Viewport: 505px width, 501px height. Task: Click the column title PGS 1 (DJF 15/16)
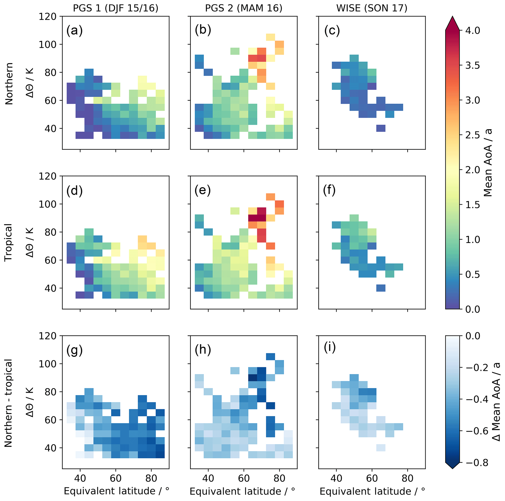(x=116, y=8)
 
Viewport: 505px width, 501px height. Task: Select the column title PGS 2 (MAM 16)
(x=244, y=8)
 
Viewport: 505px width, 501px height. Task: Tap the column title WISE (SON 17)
(x=372, y=8)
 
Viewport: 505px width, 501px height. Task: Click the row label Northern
(x=9, y=83)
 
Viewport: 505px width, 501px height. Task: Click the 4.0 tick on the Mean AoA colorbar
(x=473, y=31)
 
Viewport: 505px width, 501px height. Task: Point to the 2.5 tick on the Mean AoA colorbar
(x=473, y=135)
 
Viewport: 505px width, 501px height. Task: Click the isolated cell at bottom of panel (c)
(x=381, y=128)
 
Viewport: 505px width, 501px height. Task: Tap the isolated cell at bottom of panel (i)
(x=381, y=448)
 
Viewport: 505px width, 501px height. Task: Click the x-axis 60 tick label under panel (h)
(x=244, y=478)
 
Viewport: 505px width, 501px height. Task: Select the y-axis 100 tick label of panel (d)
(x=48, y=204)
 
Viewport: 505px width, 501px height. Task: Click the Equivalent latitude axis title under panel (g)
(x=117, y=491)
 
